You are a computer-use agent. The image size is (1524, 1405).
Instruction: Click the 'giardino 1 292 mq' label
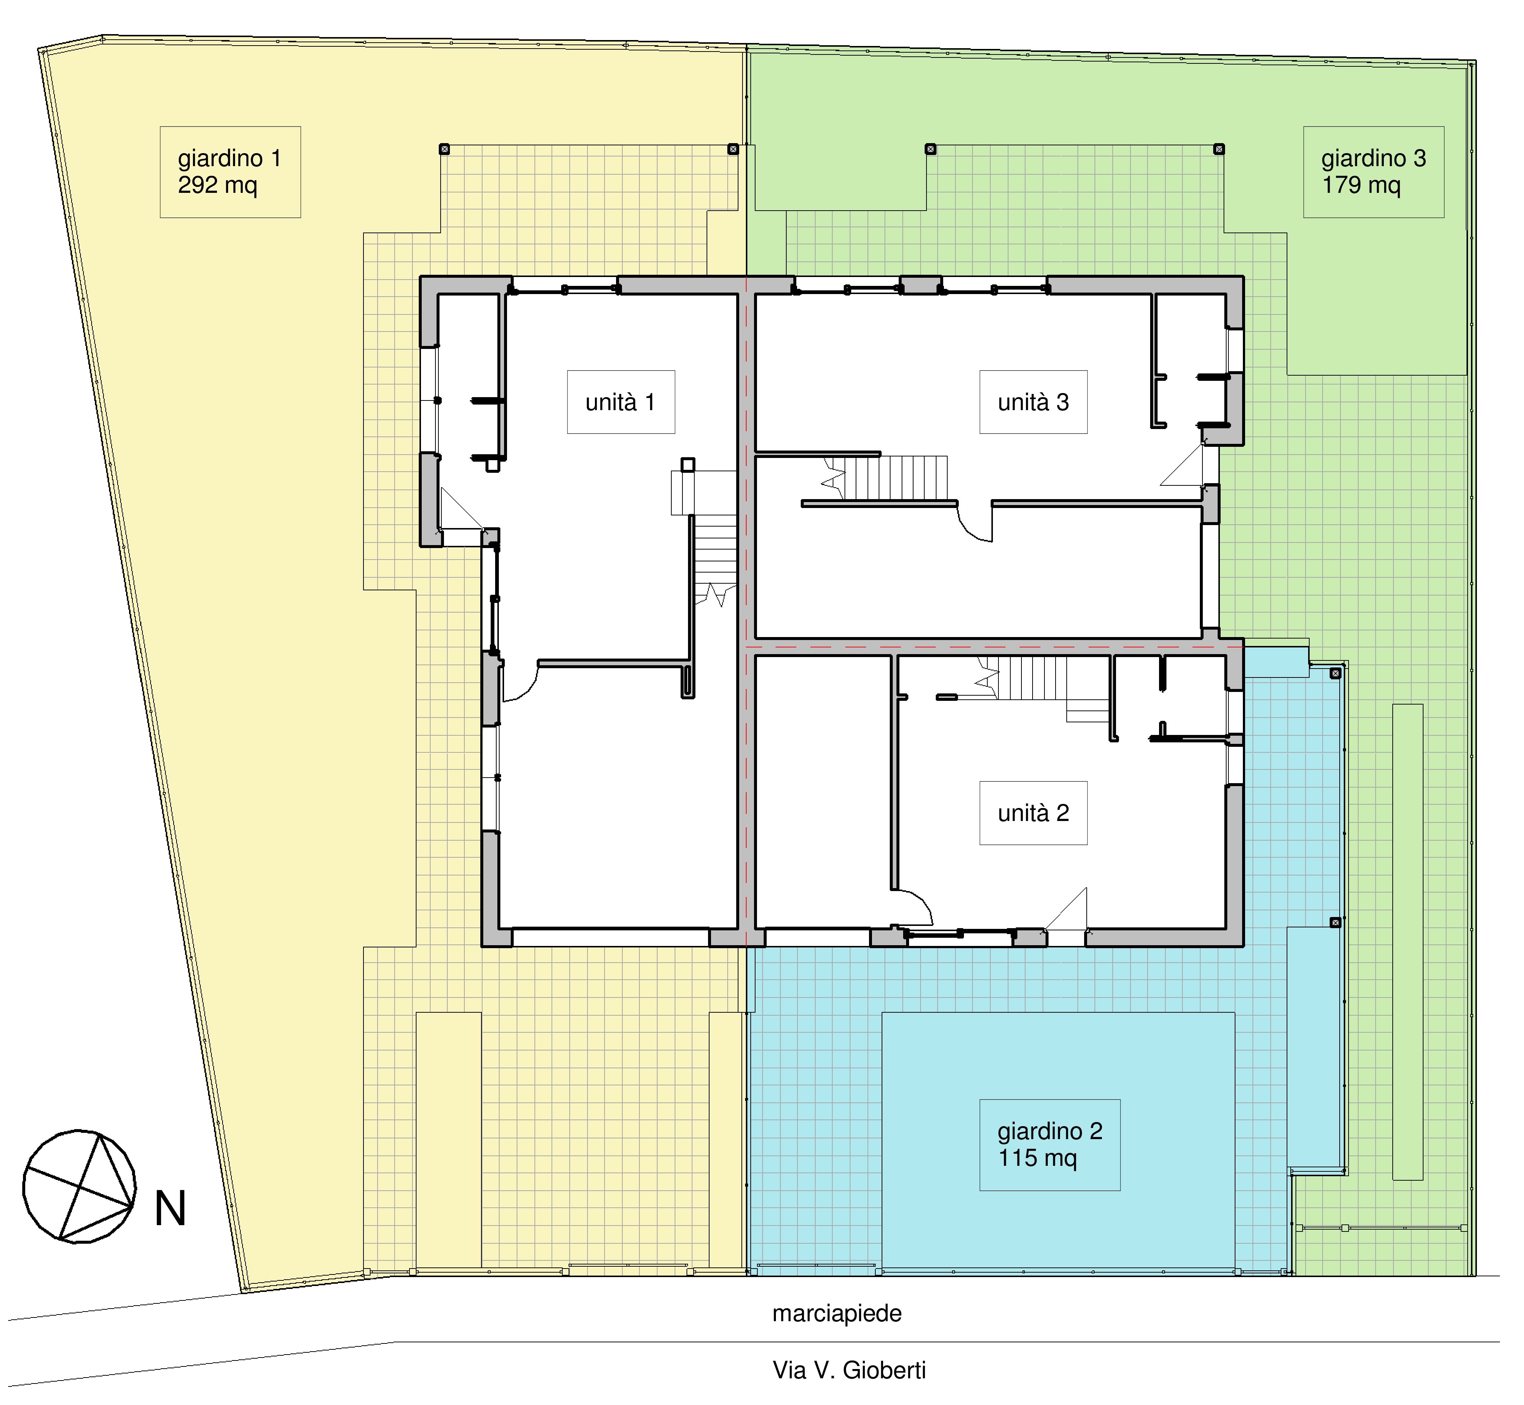[230, 172]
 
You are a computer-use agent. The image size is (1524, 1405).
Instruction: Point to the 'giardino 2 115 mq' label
[1050, 1144]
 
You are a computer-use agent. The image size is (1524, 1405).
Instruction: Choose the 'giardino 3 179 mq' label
[1373, 172]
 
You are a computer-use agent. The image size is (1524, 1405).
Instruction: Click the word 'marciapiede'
[836, 1313]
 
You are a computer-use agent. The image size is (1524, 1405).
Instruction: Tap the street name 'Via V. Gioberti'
[849, 1370]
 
